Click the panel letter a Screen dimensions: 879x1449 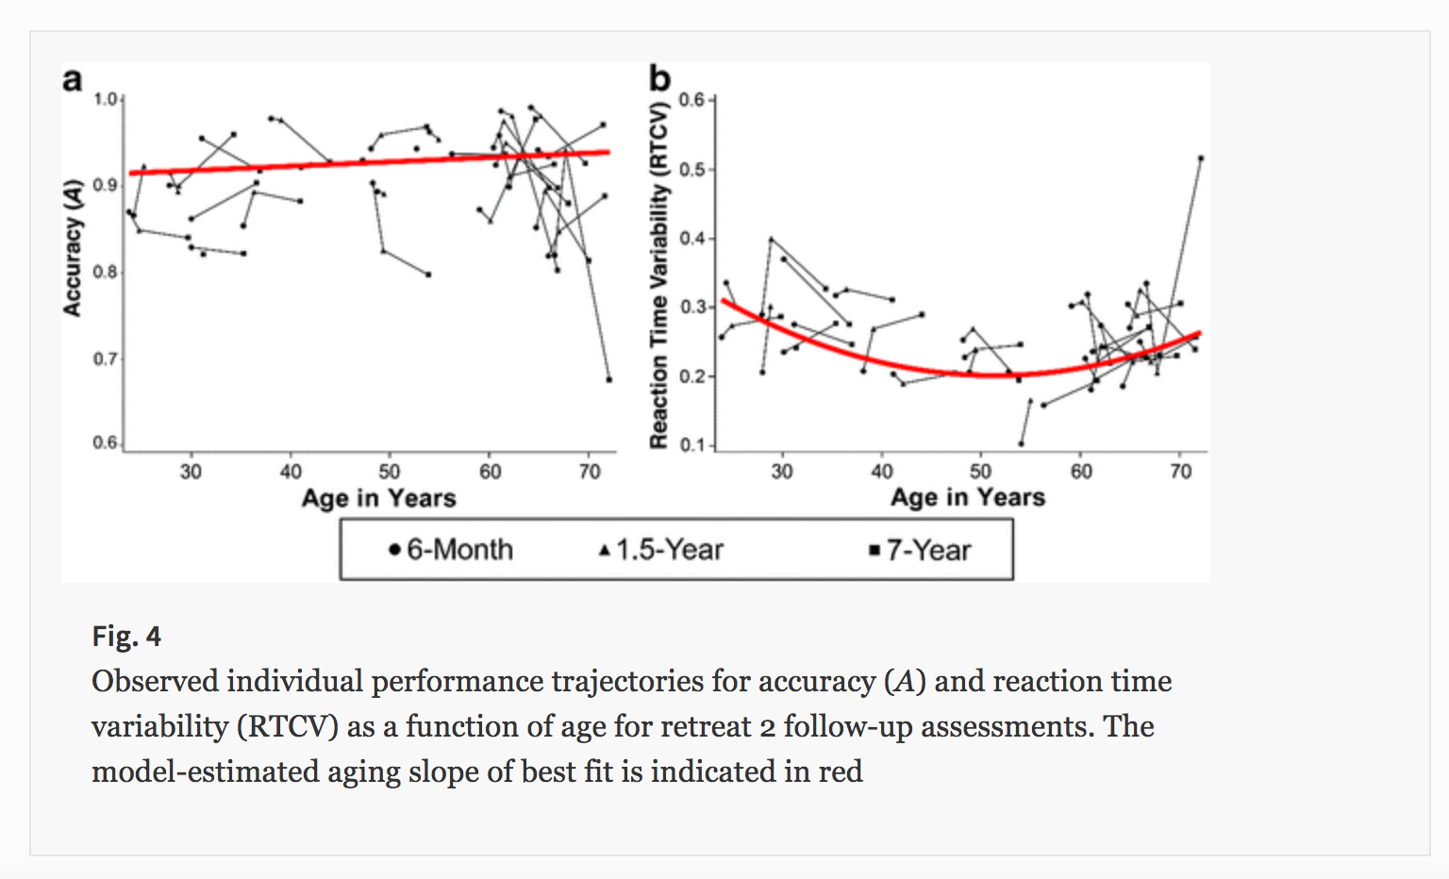(73, 80)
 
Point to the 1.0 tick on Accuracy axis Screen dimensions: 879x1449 (105, 99)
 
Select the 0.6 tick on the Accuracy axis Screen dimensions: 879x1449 (105, 442)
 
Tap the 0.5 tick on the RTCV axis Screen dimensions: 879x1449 (692, 170)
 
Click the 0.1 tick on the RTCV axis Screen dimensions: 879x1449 (692, 444)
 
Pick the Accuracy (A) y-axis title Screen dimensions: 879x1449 (73, 247)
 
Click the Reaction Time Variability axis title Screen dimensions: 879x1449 (659, 274)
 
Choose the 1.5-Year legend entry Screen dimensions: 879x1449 (661, 550)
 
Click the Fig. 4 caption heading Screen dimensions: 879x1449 (126, 637)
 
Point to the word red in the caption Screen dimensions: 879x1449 (840, 771)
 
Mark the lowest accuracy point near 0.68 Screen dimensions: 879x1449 (608, 379)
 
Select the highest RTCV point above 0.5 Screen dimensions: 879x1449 (1200, 158)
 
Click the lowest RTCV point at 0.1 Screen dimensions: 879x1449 (1021, 443)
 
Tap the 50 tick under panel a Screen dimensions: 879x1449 (390, 471)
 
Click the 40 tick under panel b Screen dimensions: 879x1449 (881, 471)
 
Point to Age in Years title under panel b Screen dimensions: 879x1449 (968, 497)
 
